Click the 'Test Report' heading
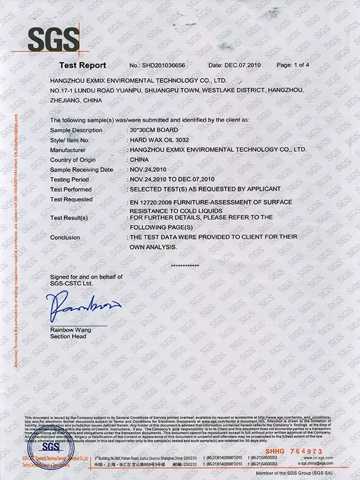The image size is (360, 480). coord(83,65)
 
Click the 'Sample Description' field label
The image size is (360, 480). coord(77,130)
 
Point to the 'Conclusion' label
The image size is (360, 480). coord(65,237)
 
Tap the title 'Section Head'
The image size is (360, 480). coord(68,337)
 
